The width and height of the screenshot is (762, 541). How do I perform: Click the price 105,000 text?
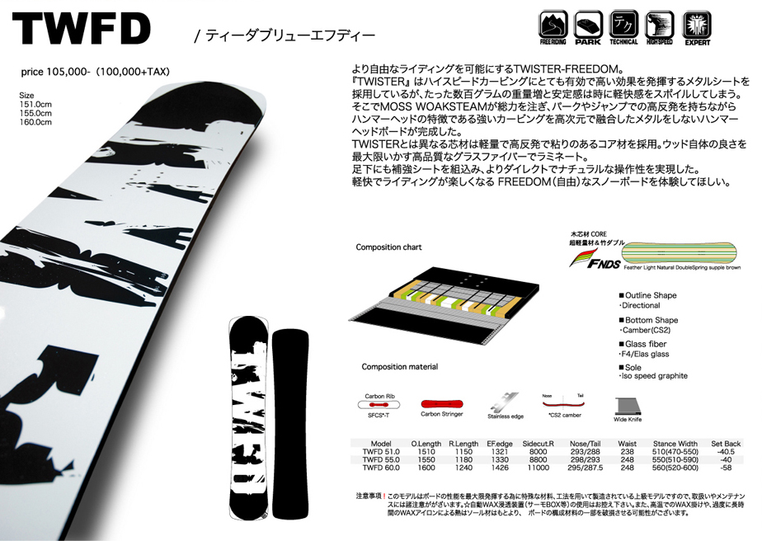point(95,73)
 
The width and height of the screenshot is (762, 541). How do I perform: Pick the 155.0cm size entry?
point(35,113)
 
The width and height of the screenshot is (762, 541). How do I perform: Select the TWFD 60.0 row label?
point(381,468)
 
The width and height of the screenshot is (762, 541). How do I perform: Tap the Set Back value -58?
point(726,468)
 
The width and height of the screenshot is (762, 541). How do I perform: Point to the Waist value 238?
point(627,452)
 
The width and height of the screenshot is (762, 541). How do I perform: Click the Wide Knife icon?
point(628,407)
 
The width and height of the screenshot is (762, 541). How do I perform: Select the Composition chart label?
point(388,247)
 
